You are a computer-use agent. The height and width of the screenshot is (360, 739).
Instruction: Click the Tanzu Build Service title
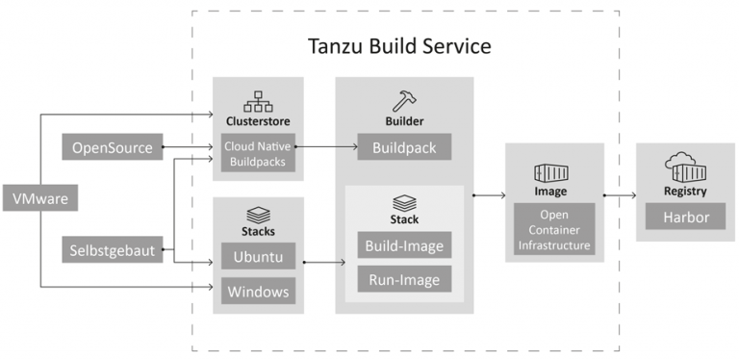[399, 45]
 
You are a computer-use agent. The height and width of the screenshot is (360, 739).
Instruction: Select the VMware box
[39, 199]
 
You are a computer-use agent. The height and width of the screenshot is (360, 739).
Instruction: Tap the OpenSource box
[112, 148]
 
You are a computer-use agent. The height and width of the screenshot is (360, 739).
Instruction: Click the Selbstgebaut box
[113, 250]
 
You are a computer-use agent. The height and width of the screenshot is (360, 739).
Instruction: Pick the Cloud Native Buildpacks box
[258, 155]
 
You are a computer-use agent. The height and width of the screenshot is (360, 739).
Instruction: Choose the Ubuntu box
[258, 258]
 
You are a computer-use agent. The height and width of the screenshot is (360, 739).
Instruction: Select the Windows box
[258, 291]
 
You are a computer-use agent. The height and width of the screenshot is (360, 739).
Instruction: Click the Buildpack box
[404, 148]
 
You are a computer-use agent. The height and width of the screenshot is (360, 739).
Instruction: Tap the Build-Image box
[404, 245]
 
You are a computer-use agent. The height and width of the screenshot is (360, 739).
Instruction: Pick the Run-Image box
[404, 279]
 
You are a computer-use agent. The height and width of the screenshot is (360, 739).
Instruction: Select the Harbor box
[685, 218]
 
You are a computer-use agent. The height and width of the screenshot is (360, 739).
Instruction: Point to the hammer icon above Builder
[404, 100]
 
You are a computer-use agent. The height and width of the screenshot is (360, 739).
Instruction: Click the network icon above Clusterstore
[258, 101]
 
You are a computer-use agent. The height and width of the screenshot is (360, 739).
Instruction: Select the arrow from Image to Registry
[621, 195]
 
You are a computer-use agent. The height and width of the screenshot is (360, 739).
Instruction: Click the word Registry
[685, 192]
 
